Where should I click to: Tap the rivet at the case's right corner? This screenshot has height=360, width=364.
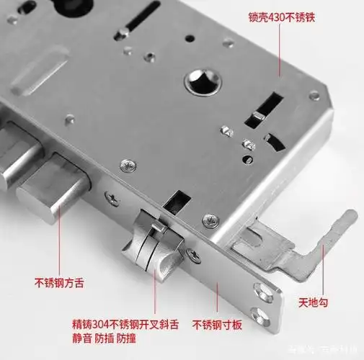pyautogui.click(x=314, y=95)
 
